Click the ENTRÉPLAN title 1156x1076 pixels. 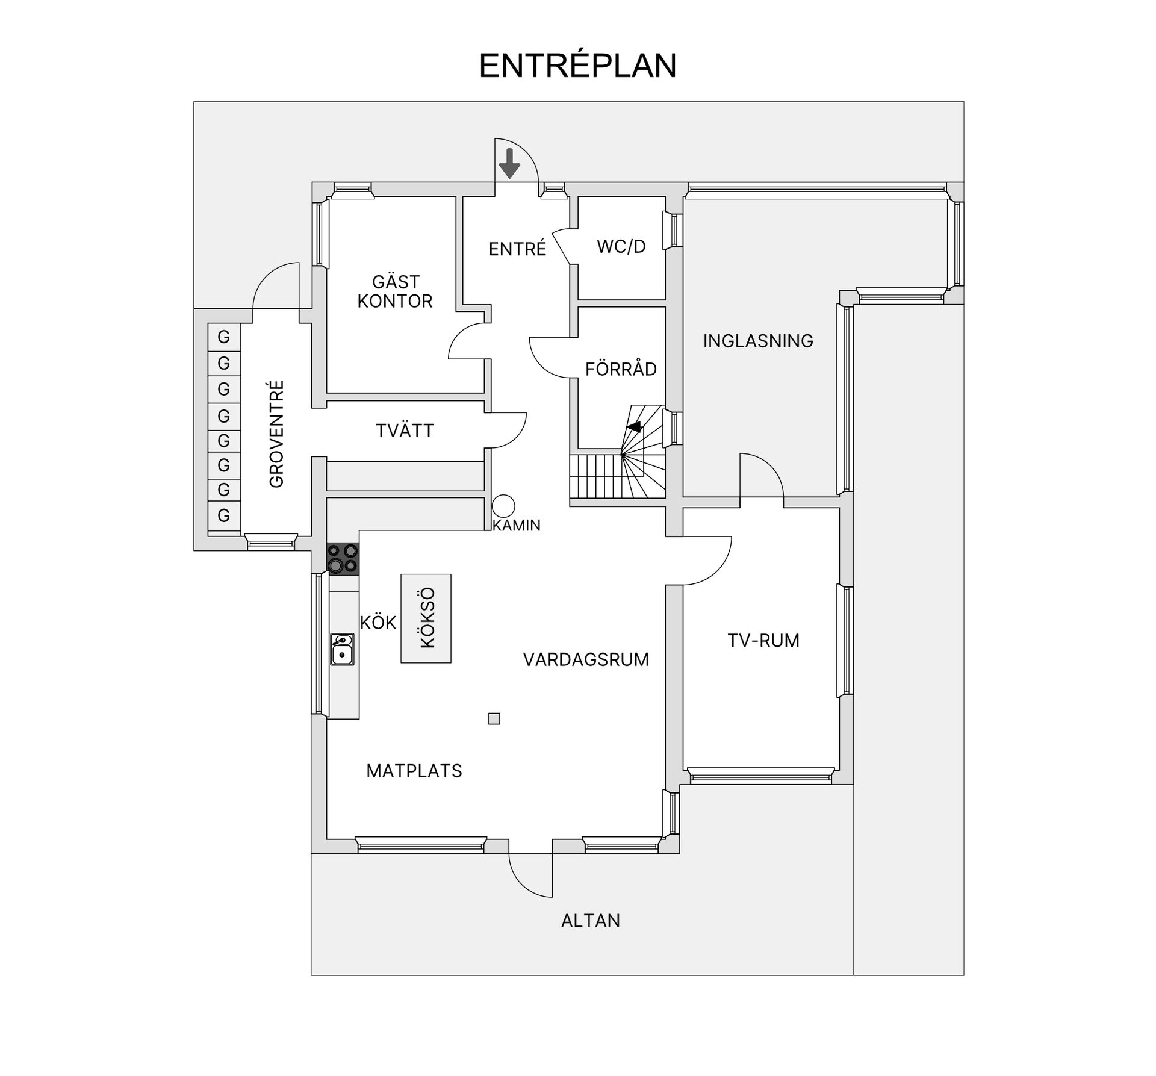pos(577,66)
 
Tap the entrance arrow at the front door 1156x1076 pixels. pos(510,163)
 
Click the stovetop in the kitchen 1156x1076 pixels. pos(343,558)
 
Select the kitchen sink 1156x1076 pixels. pos(342,649)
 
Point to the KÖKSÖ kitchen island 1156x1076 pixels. pos(426,618)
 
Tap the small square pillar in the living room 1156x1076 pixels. pos(494,718)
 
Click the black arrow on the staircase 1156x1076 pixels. pos(633,427)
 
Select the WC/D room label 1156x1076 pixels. pos(621,246)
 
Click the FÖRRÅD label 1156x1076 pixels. pos(621,369)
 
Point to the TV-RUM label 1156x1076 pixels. pos(763,640)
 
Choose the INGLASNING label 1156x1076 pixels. pos(758,341)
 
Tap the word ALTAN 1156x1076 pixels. pos(591,921)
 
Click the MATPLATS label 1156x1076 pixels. pos(414,771)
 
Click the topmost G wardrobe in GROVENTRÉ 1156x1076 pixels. pos(224,337)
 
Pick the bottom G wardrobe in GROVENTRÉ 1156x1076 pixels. pos(224,515)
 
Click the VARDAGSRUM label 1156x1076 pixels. pos(586,659)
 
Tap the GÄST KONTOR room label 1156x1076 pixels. pos(395,291)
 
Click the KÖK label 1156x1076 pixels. pos(378,622)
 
